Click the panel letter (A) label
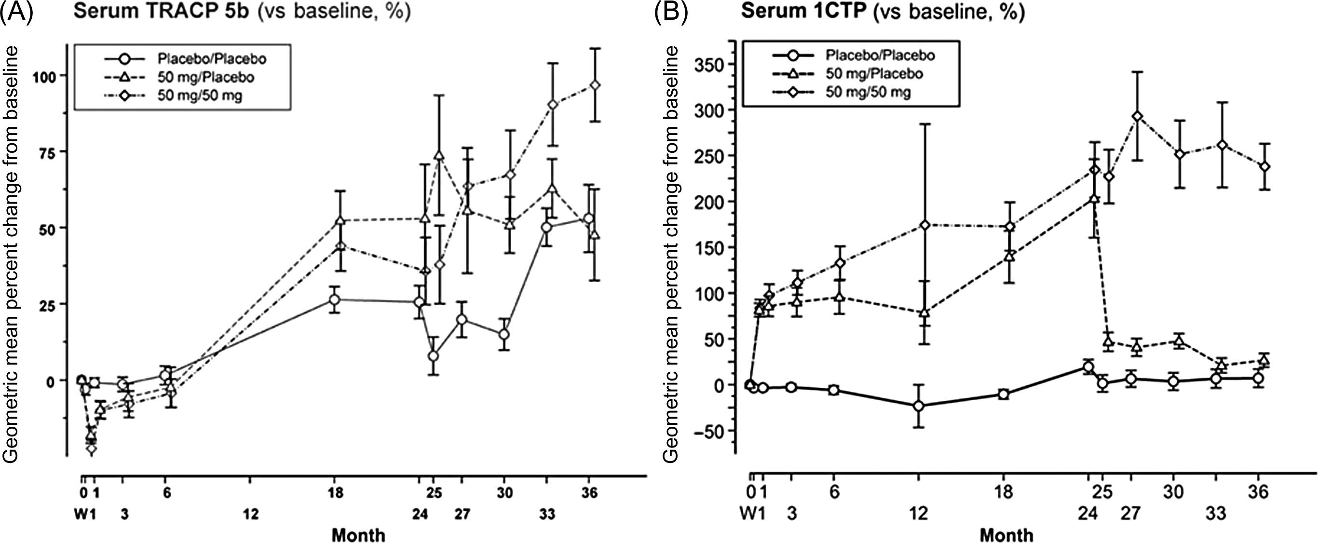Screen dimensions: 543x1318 (x=17, y=12)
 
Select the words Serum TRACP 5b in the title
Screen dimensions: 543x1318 (x=161, y=12)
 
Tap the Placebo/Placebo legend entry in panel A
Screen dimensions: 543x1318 (x=211, y=58)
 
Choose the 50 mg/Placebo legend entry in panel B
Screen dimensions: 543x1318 (x=874, y=74)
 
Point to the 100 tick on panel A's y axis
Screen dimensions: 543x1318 (x=47, y=75)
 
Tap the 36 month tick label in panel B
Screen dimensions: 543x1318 (x=1258, y=492)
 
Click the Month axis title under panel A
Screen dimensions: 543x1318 (x=359, y=535)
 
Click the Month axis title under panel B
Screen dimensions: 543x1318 (x=1006, y=535)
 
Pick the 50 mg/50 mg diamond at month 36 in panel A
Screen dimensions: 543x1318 (x=595, y=85)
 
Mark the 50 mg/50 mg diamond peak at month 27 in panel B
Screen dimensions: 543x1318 (x=1133, y=116)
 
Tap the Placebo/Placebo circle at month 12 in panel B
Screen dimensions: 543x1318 (x=919, y=406)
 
